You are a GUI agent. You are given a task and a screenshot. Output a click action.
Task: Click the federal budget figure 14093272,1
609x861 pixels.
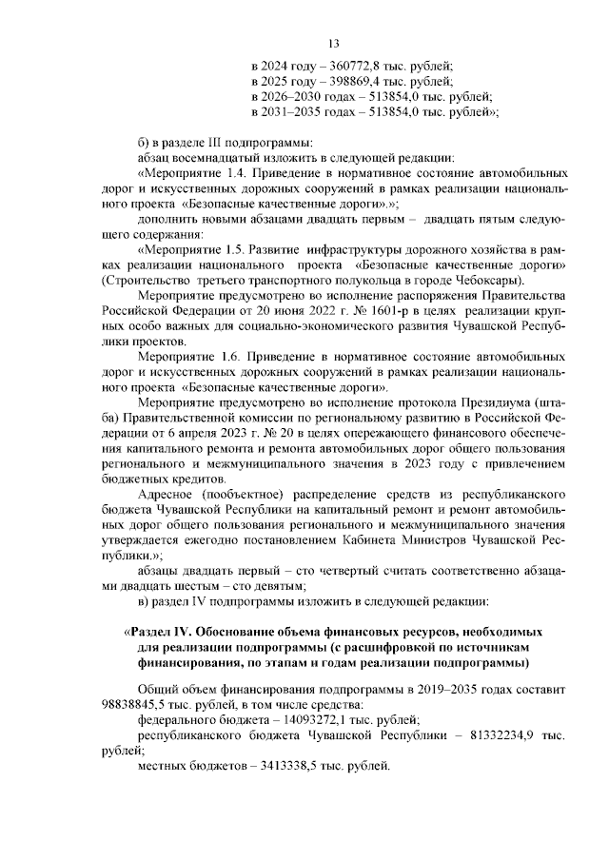click(x=304, y=719)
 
